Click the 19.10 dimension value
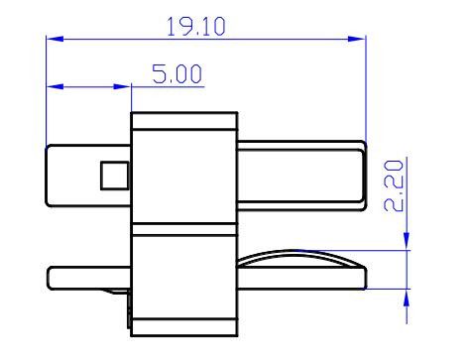pos(196,26)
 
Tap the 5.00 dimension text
pos(177,73)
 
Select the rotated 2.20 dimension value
pos(394,185)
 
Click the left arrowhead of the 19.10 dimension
pos(55,39)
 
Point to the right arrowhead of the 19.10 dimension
pos(357,39)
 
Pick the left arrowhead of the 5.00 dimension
pos(55,86)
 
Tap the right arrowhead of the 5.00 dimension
pos(122,86)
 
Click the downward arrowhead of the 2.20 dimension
pos(407,241)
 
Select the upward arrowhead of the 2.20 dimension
pos(407,298)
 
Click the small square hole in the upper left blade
pos(114,176)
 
